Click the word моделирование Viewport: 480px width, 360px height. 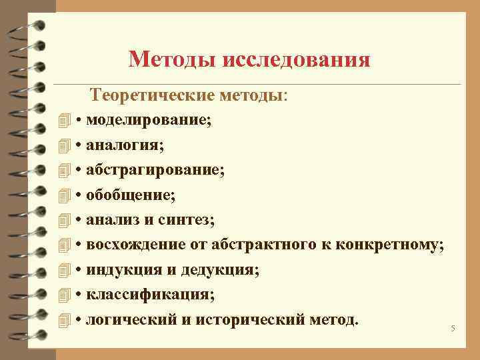[x=147, y=121]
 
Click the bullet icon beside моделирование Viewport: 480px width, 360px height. [x=64, y=121]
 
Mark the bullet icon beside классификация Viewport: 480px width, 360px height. [x=64, y=294]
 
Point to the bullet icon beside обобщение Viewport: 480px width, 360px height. [x=64, y=195]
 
